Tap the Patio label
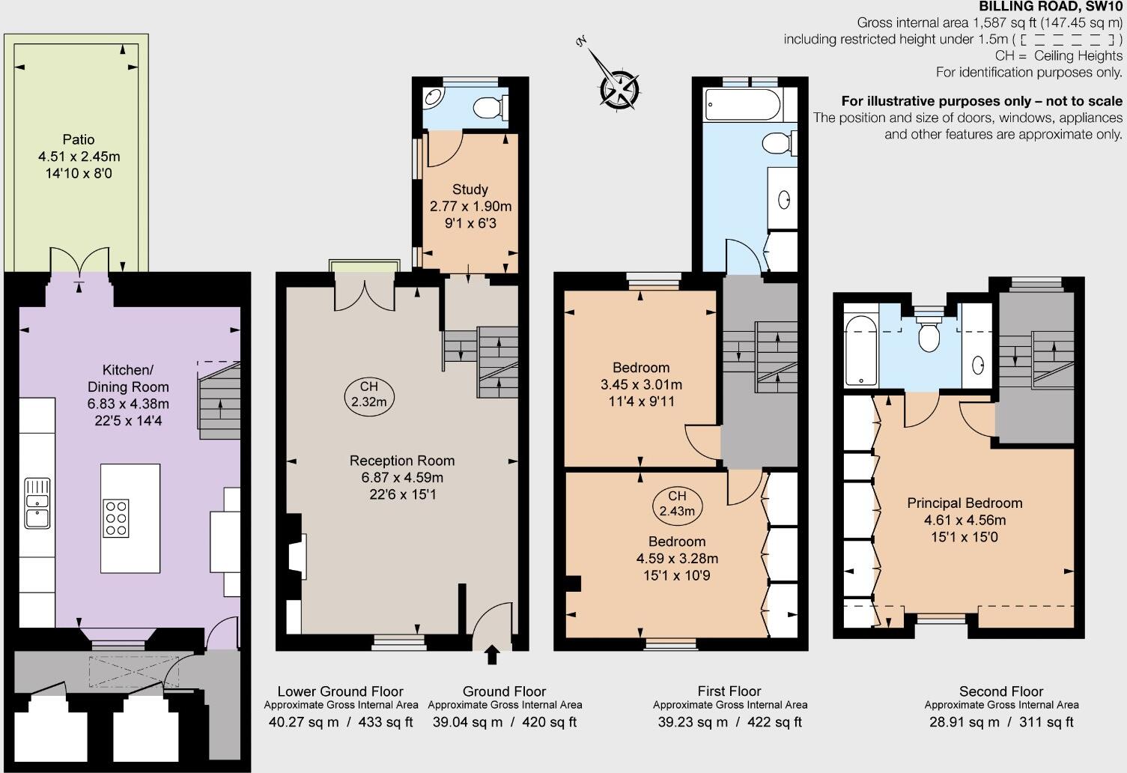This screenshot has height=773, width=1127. click(x=79, y=139)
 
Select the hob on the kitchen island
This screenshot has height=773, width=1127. click(x=115, y=518)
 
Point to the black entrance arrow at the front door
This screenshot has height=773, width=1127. click(x=492, y=655)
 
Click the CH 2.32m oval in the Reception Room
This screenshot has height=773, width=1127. click(x=368, y=394)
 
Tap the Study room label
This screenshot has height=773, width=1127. click(x=470, y=190)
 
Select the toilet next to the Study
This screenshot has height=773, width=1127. click(x=490, y=108)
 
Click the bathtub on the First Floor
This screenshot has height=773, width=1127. click(x=743, y=106)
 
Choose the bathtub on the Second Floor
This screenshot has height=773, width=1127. click(x=858, y=349)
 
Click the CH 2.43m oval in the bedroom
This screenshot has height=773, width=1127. click(x=677, y=504)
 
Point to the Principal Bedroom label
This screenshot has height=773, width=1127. click(x=965, y=503)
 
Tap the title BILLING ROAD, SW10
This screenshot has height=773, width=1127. click(x=1051, y=7)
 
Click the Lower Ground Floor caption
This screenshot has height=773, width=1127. click(x=340, y=691)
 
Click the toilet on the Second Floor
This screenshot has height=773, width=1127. click(x=929, y=334)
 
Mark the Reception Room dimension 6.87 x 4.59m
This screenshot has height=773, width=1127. click(x=403, y=477)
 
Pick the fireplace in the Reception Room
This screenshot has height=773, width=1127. click(x=298, y=556)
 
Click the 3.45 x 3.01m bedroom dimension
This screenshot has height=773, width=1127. click(x=641, y=384)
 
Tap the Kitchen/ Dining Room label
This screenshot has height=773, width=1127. click(x=128, y=378)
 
